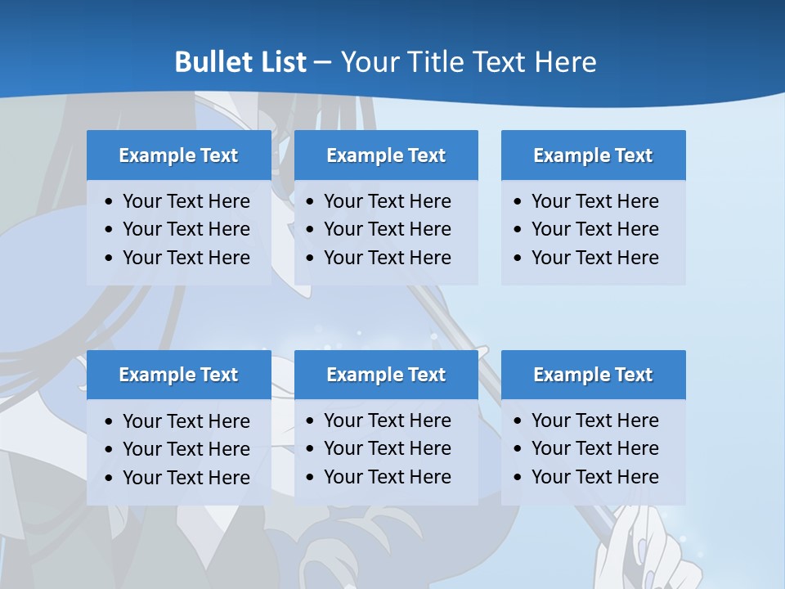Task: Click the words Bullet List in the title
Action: [240, 62]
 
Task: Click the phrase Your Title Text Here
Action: [468, 62]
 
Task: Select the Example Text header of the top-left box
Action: [178, 155]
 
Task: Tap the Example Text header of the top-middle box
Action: [386, 155]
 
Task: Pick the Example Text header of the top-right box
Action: [593, 155]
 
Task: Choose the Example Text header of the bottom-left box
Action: [178, 375]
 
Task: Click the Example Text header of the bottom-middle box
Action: [386, 375]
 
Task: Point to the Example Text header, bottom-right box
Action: [593, 375]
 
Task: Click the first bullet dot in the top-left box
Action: [110, 202]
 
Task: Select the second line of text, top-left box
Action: [186, 230]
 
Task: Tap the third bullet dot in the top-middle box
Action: [311, 258]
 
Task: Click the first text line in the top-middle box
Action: [388, 201]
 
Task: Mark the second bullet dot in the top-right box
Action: [518, 230]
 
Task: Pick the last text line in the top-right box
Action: [595, 258]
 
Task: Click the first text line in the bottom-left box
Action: [186, 421]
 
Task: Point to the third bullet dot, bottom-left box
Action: [110, 478]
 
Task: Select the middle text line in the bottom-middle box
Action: [388, 448]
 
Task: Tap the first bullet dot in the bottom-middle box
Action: [311, 421]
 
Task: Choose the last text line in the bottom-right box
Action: [595, 477]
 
